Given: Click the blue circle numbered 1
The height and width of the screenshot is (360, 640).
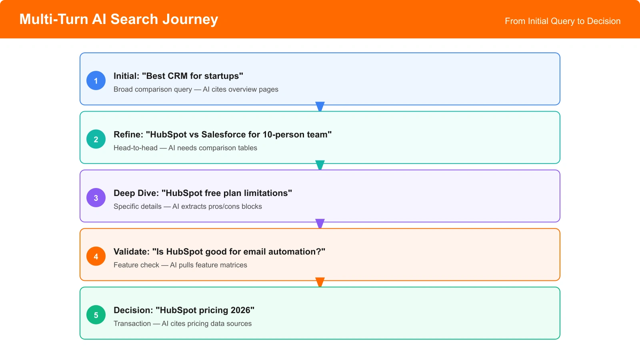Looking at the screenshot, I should [x=96, y=80].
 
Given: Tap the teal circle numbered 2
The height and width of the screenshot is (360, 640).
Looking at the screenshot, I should [x=96, y=139].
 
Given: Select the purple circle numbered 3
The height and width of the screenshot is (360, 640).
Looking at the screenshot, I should [x=96, y=198].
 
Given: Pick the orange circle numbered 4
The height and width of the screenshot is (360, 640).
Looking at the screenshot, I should [x=96, y=256].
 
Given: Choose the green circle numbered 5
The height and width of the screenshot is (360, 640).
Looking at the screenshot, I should [x=96, y=315].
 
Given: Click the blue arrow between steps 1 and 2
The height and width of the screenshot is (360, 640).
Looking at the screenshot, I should [x=320, y=106].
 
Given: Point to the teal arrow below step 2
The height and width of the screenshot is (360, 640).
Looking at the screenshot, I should [x=320, y=165].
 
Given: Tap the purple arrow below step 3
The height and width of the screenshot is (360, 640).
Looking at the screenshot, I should [x=320, y=223].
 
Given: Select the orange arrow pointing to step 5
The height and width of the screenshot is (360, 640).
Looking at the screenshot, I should [x=320, y=282].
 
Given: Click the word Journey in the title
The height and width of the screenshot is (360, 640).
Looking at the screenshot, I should [x=190, y=19].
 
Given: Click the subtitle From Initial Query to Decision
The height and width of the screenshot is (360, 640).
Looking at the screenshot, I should [x=562, y=21].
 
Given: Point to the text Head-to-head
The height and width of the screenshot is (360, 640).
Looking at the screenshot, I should [x=135, y=148].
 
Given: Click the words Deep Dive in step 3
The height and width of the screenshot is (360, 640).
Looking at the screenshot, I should [x=135, y=193].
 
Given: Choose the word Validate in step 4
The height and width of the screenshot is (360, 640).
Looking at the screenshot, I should [x=130, y=252].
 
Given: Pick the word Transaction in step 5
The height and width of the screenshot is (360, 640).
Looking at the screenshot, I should [x=132, y=324].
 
